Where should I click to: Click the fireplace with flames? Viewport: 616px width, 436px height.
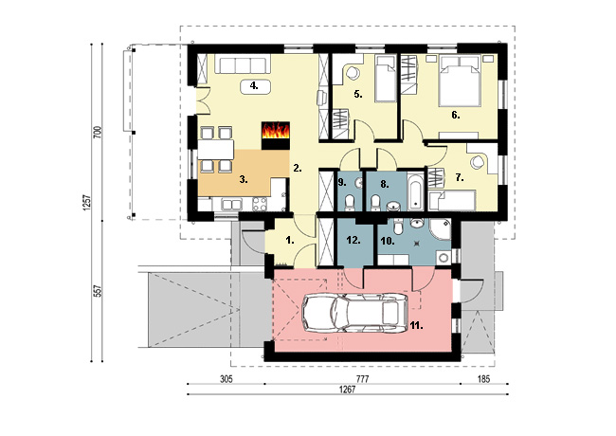click(276, 136)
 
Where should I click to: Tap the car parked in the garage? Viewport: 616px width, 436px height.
click(354, 314)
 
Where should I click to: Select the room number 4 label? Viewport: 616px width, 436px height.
click(255, 86)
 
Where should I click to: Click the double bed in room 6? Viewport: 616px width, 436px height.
click(460, 81)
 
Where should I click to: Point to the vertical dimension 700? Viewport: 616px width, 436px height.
click(98, 132)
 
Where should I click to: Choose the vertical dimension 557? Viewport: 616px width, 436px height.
click(98, 291)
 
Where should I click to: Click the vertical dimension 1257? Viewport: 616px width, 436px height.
click(87, 203)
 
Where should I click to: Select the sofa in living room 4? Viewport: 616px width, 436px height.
click(243, 65)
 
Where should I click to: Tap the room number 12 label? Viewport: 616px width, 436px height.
click(353, 241)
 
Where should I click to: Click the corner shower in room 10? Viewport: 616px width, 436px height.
click(440, 229)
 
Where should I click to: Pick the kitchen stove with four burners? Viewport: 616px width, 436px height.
click(260, 203)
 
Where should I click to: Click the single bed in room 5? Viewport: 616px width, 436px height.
click(385, 79)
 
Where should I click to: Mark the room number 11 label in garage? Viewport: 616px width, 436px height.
click(416, 326)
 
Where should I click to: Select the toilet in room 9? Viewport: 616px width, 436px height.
click(349, 203)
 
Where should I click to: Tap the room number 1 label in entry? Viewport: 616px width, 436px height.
click(290, 241)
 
